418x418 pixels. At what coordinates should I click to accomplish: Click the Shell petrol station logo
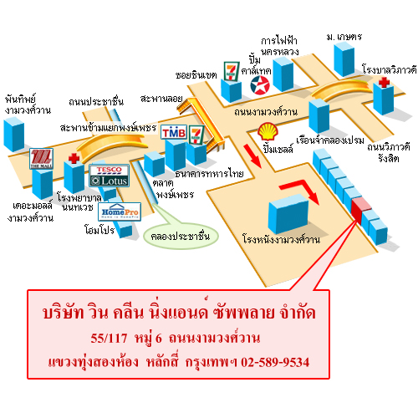pos(268,132)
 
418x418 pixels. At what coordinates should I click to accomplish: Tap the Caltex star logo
pos(260,85)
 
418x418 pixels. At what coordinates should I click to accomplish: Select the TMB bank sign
pos(174,132)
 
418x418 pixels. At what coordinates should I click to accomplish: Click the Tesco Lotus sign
pos(109,176)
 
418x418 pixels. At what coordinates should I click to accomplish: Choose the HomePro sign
pos(120,212)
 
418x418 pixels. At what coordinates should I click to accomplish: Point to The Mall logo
pos(41,159)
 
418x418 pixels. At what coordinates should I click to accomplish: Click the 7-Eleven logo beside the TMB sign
pos(196,135)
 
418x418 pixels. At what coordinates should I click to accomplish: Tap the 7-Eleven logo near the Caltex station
pos(232,71)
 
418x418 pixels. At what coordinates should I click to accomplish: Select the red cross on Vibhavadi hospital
pos(384,82)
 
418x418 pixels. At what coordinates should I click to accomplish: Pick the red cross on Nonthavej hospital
pos(74,158)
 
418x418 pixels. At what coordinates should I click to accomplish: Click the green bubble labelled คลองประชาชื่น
pos(181,236)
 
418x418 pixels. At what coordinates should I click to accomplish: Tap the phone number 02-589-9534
pos(275,362)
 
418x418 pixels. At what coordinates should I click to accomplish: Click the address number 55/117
pos(109,338)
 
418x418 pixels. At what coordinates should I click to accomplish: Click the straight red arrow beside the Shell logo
pos(252,156)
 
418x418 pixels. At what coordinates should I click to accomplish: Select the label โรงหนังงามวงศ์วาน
pos(281,240)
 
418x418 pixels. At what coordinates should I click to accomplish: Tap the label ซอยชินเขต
pos(196,75)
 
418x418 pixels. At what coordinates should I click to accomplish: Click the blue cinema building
pos(288,214)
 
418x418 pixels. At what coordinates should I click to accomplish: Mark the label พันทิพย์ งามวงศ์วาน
pos(28,105)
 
